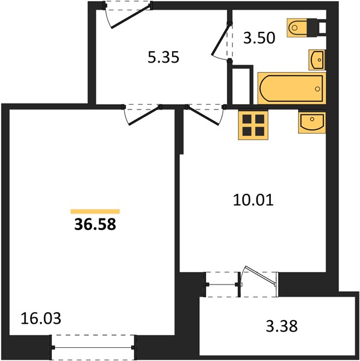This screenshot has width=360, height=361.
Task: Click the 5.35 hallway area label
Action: click(163, 57)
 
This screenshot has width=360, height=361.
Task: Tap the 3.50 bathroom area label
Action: click(259, 38)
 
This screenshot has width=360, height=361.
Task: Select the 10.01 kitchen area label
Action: click(253, 200)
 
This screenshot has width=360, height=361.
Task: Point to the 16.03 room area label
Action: click(41, 318)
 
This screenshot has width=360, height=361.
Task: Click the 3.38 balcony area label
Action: click(282, 326)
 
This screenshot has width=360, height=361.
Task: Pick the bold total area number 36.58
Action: click(95, 224)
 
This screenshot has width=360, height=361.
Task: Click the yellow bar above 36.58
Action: click(95, 211)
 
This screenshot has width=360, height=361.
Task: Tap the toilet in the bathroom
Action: click(302, 28)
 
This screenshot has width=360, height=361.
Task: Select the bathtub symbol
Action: click(292, 88)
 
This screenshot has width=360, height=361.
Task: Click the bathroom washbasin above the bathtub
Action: click(317, 60)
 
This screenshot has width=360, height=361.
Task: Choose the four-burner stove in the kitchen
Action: click(253, 125)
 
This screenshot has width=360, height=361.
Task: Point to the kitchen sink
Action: click(312, 123)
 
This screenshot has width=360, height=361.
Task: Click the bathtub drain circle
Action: click(318, 89)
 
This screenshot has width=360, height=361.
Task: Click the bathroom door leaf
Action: click(221, 39)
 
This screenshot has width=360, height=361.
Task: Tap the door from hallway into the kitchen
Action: click(203, 116)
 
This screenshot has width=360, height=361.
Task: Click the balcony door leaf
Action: click(260, 275)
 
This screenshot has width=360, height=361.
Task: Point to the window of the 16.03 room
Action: click(93, 347)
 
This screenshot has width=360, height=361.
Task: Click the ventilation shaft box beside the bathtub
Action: click(240, 85)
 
